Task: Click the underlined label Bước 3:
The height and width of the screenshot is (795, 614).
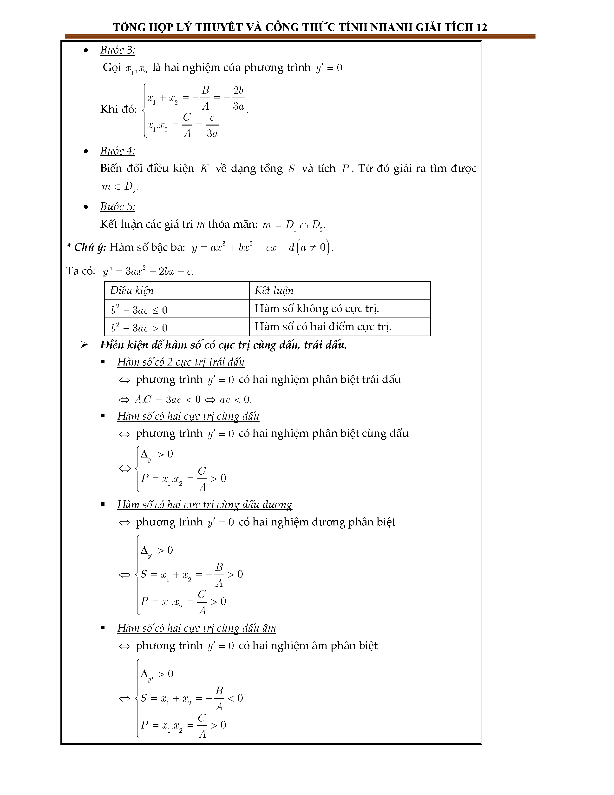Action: pos(118,50)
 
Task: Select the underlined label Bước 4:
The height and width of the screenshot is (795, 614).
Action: pos(118,151)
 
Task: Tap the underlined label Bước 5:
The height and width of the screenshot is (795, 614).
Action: pos(118,207)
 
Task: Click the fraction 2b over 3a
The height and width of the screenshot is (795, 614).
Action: pos(238,98)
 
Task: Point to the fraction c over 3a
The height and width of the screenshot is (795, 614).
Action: pos(212,125)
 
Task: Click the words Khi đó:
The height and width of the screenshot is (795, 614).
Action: pos(118,109)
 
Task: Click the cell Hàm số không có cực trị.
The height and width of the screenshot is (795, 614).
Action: pos(316,309)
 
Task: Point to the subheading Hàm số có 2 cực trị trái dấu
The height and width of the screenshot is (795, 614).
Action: pos(181,362)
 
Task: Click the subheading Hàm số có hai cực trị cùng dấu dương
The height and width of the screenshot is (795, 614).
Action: pos(204,504)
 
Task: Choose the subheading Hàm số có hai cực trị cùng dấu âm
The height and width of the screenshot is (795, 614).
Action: pos(196,628)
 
